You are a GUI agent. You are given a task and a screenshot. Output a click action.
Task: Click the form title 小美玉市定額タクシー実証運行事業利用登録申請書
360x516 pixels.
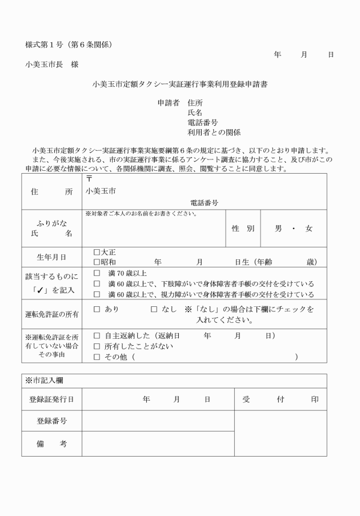180,84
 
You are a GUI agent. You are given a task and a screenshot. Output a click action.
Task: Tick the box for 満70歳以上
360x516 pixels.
97,273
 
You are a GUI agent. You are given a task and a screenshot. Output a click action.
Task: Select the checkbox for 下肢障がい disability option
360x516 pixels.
97,283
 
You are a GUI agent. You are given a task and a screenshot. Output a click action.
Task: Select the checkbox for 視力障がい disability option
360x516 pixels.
97,294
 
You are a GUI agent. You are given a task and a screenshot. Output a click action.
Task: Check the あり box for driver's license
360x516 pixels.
97,309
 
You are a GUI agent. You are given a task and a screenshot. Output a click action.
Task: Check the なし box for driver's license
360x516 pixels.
154,309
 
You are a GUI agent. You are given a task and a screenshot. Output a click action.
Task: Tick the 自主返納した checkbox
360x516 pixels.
97,335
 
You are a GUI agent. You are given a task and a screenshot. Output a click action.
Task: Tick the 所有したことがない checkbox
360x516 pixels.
97,346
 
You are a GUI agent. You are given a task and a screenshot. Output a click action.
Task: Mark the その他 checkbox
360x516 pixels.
97,357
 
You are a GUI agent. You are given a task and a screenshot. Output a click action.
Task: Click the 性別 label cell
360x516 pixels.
243,229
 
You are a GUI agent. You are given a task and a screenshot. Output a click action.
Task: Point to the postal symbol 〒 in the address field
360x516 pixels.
89,179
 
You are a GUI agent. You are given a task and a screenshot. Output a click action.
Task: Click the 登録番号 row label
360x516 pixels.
51,421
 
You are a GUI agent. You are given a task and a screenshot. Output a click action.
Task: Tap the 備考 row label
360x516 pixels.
51,444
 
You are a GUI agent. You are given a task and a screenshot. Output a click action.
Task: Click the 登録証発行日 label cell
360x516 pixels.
51,399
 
